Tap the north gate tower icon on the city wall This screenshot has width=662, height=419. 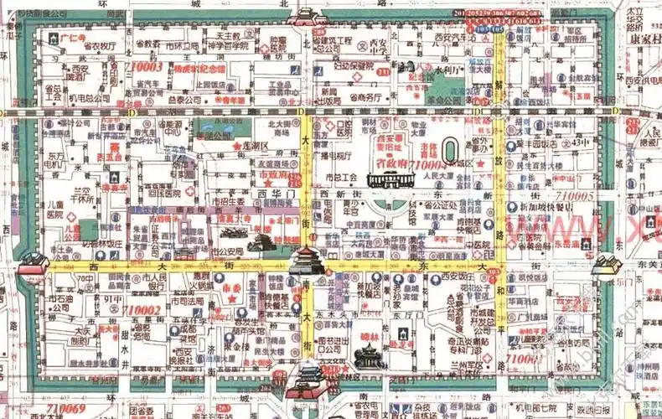[308, 17]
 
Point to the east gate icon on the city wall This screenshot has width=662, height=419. [608, 264]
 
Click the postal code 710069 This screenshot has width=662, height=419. [65, 408]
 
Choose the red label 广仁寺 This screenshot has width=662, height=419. [74, 39]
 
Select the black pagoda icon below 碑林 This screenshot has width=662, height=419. [367, 357]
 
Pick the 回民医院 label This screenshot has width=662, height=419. [166, 193]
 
